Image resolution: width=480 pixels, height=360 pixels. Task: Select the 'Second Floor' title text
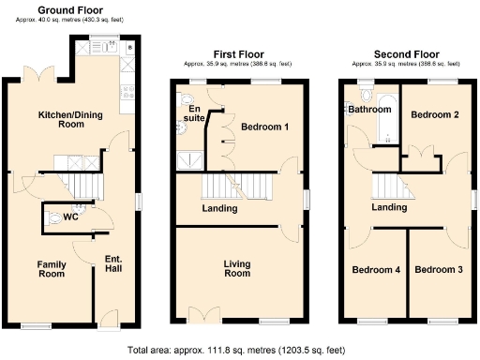pyautogui.click(x=406, y=55)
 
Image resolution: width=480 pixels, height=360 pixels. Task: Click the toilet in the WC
pyautogui.click(x=58, y=218)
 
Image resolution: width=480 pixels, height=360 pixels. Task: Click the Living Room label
pyautogui.click(x=237, y=268)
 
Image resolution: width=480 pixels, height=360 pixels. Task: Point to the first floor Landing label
pyautogui.click(x=219, y=208)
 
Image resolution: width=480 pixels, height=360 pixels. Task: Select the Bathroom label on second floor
pyautogui.click(x=369, y=110)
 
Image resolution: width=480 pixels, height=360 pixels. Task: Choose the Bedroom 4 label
pyautogui.click(x=376, y=269)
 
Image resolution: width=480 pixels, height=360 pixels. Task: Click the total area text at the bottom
pyautogui.click(x=240, y=350)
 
